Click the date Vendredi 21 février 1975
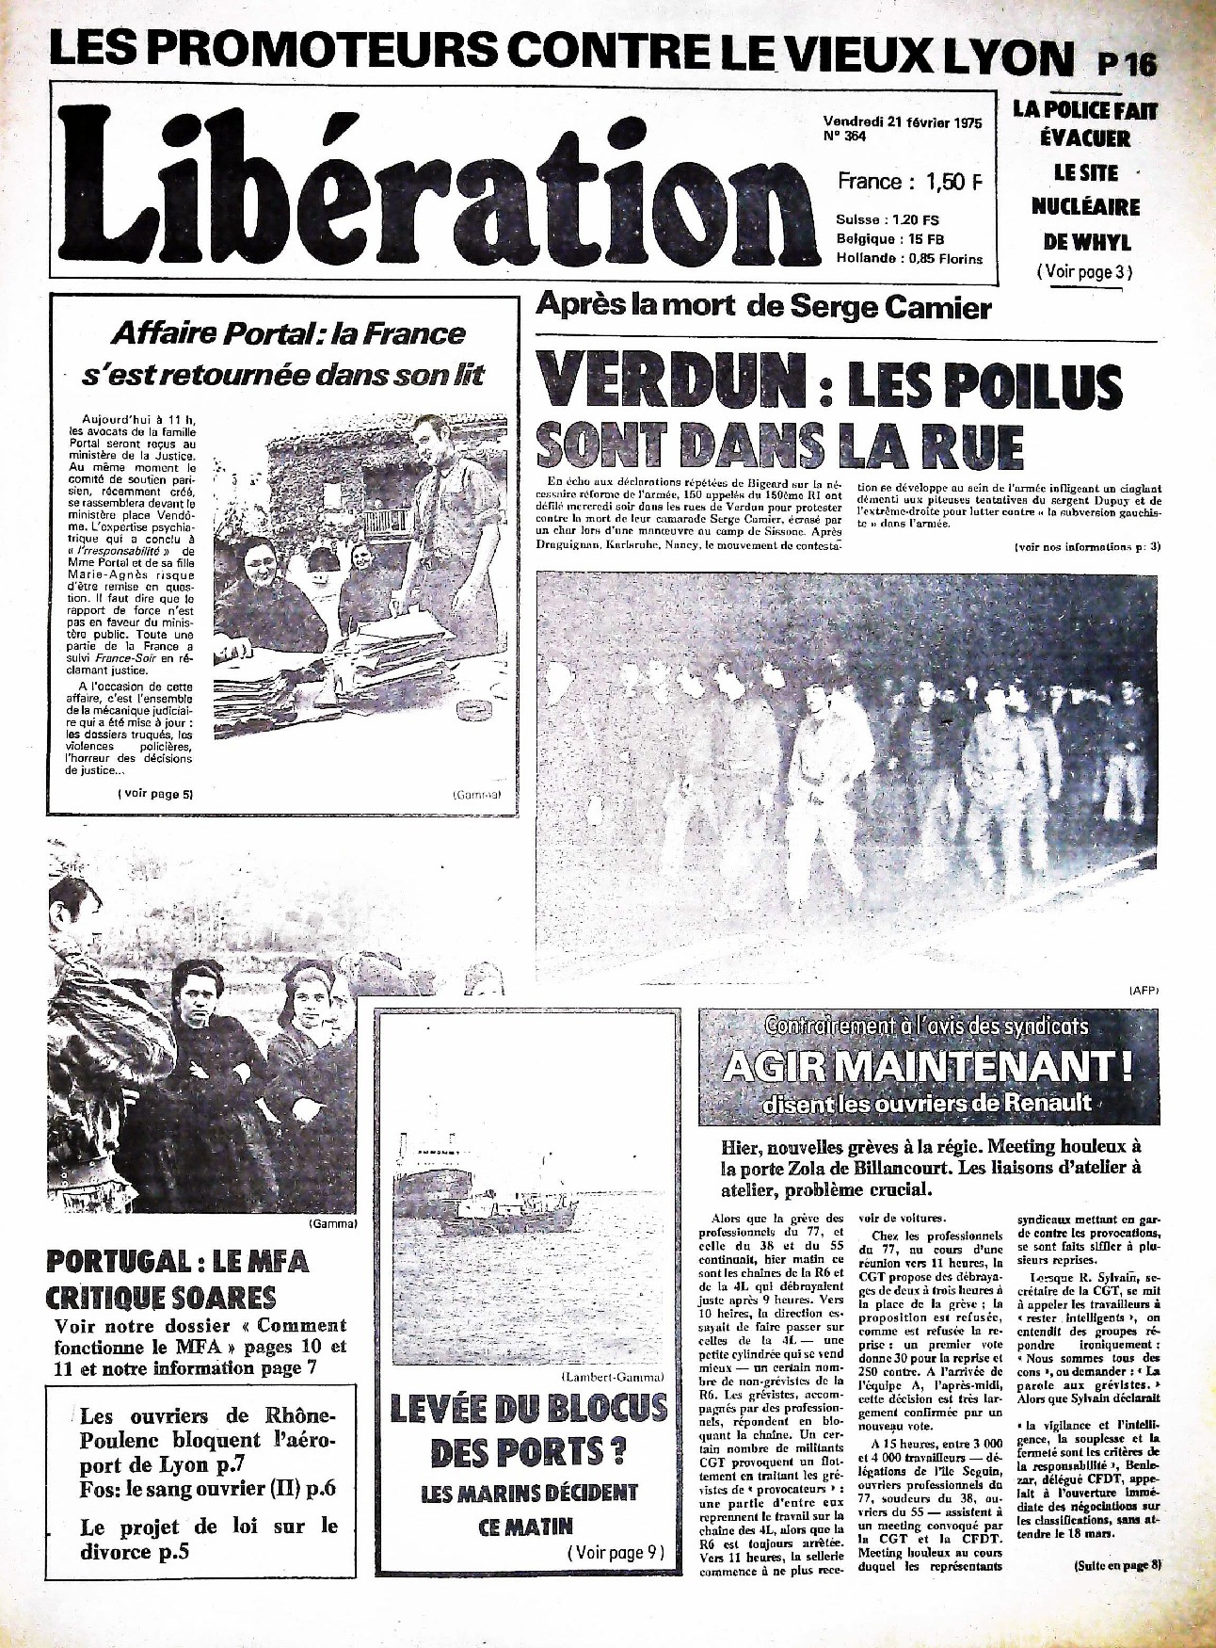(902, 121)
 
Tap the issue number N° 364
(844, 137)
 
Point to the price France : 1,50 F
(908, 181)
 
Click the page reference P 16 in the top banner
(1127, 64)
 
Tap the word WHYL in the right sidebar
(1102, 241)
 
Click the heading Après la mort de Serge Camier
(763, 307)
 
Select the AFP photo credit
(1143, 990)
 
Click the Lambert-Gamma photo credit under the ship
(613, 1377)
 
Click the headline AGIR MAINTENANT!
(927, 1066)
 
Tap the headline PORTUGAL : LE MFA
(177, 1261)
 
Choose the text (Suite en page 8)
(1117, 1564)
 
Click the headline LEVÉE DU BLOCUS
(528, 1409)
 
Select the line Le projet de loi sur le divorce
(208, 1538)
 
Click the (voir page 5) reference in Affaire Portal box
(155, 794)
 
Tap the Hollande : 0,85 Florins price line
(908, 258)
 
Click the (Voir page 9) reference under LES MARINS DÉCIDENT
(616, 1553)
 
